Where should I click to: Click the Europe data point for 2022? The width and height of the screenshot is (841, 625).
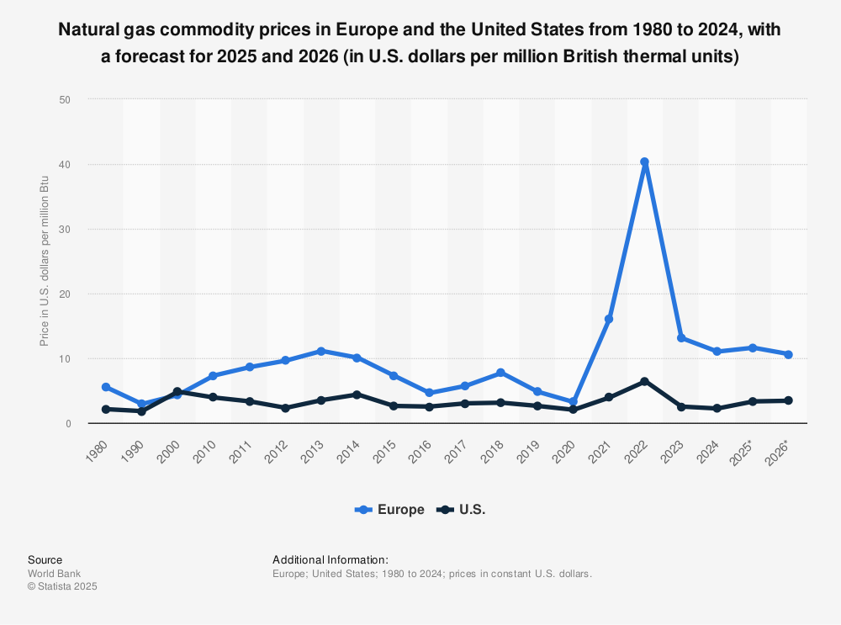point(644,162)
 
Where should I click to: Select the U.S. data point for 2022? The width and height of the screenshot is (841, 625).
point(644,382)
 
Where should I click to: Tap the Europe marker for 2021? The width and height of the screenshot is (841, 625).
point(609,319)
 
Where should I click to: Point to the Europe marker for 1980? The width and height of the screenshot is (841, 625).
point(106,387)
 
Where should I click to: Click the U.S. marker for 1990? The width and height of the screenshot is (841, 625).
point(141,411)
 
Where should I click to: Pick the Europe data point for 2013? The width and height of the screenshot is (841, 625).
point(321,351)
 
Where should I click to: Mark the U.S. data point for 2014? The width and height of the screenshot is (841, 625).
point(357,395)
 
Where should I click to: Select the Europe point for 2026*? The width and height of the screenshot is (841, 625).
point(788,354)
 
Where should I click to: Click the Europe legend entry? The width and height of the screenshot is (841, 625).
point(389,510)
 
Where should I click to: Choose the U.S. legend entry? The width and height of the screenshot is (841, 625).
point(462,510)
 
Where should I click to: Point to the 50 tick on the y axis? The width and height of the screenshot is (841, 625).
point(65,99)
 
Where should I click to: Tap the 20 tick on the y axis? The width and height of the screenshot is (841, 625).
point(65,294)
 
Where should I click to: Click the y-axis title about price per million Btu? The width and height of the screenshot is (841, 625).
point(45,262)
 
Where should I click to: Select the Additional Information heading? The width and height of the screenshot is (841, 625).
point(331,559)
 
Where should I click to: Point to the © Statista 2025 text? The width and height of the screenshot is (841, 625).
point(62,587)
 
